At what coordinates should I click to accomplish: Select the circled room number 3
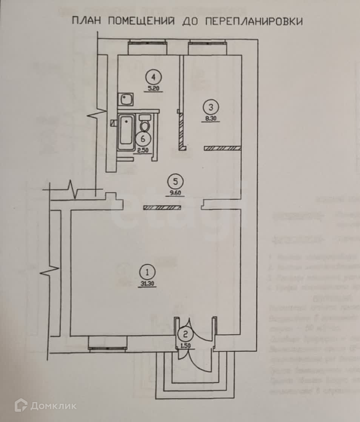click(210, 107)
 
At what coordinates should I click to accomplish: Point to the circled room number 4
click(153, 77)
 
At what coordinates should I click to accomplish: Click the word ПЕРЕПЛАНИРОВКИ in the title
click(254, 21)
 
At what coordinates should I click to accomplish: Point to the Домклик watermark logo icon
click(21, 405)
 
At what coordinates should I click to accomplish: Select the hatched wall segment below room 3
click(222, 148)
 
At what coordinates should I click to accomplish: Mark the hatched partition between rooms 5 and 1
click(162, 207)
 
